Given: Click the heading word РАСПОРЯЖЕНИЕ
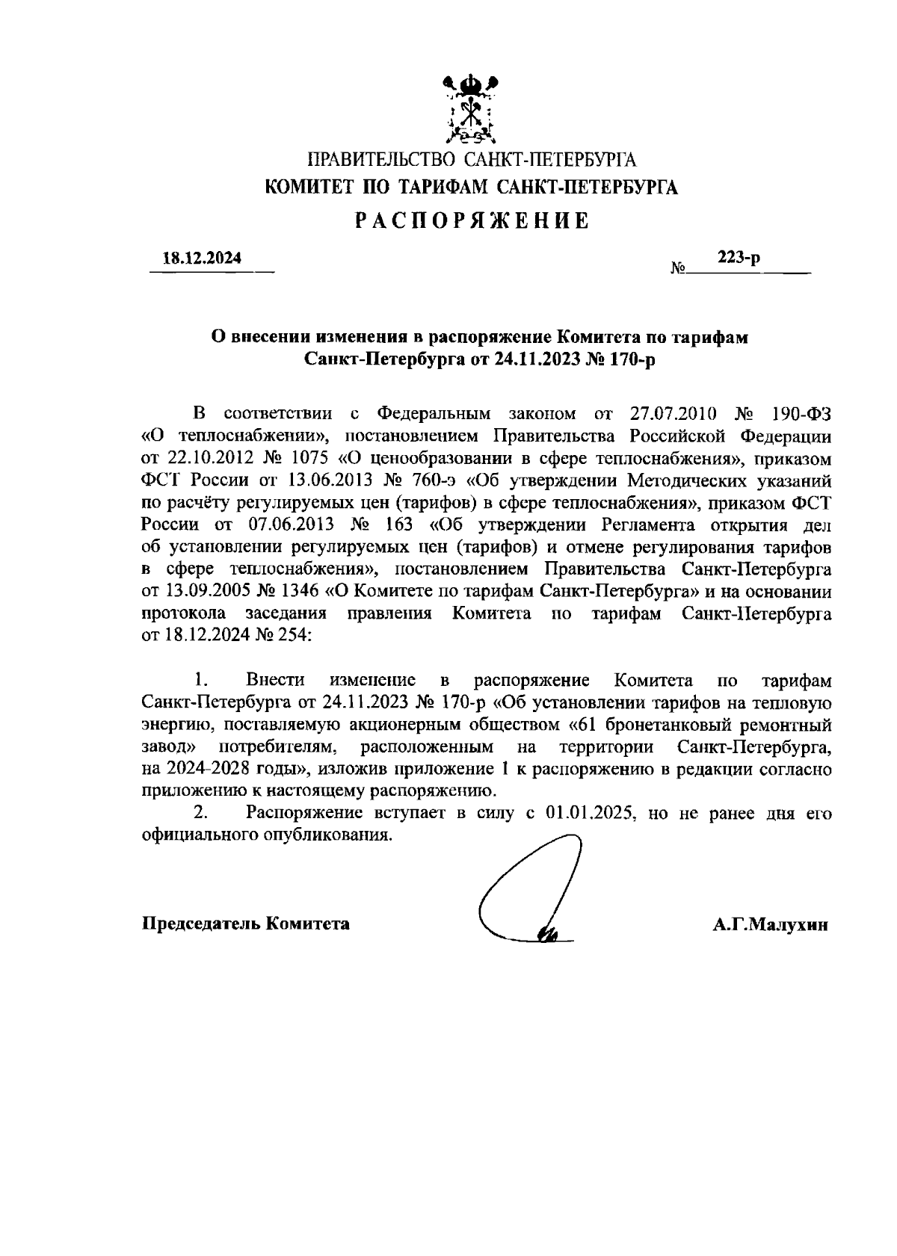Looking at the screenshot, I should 472,220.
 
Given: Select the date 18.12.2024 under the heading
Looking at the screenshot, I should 202,259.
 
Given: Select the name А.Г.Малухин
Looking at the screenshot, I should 770,924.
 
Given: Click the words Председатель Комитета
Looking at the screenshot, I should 246,924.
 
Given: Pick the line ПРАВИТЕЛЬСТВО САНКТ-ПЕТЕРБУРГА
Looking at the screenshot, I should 472,159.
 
